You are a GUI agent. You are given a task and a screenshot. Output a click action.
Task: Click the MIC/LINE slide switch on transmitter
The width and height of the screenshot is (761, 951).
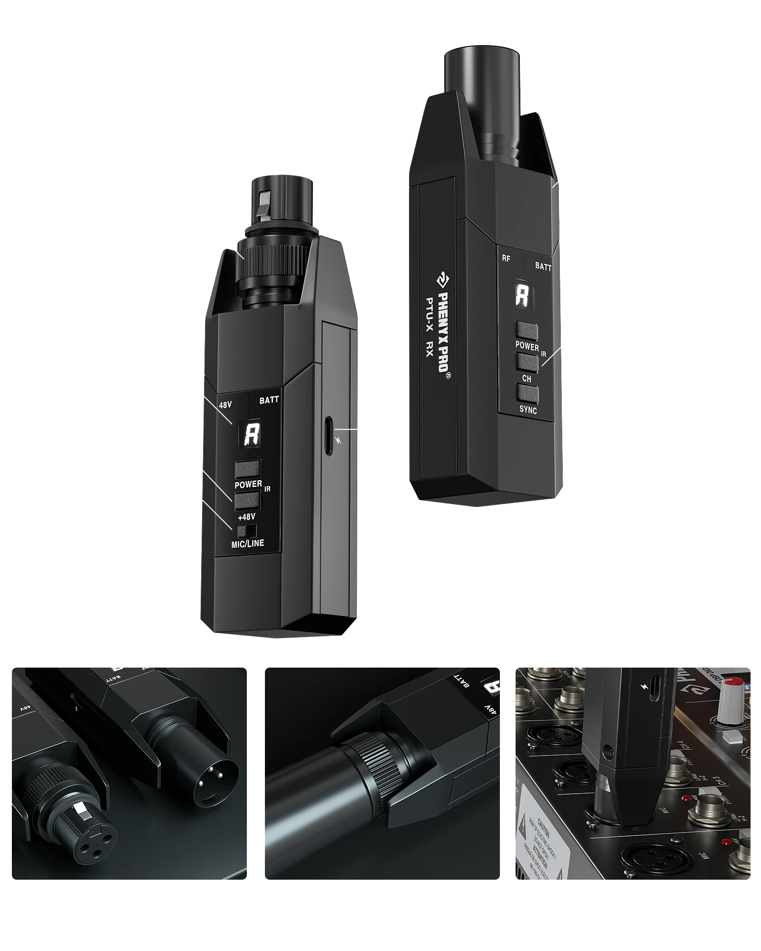coord(247,531)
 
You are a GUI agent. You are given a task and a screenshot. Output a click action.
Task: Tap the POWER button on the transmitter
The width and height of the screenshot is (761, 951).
coord(247,469)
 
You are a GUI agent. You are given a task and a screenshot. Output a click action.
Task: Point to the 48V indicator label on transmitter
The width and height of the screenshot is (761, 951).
coord(225,405)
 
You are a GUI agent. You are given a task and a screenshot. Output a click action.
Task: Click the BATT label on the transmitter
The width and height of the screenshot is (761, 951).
coord(269,400)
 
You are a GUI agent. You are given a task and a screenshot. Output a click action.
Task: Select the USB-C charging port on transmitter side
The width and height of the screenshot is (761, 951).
coord(328,436)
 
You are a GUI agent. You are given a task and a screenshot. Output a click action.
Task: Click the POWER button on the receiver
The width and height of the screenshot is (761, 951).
coord(527,331)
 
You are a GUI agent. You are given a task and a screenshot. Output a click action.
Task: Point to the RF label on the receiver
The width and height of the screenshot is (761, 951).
coord(506,259)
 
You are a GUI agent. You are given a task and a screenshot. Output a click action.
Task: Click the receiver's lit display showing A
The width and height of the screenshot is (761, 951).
coord(522,296)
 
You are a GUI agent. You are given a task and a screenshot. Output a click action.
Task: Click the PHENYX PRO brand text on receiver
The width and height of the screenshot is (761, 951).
coord(442,328)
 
